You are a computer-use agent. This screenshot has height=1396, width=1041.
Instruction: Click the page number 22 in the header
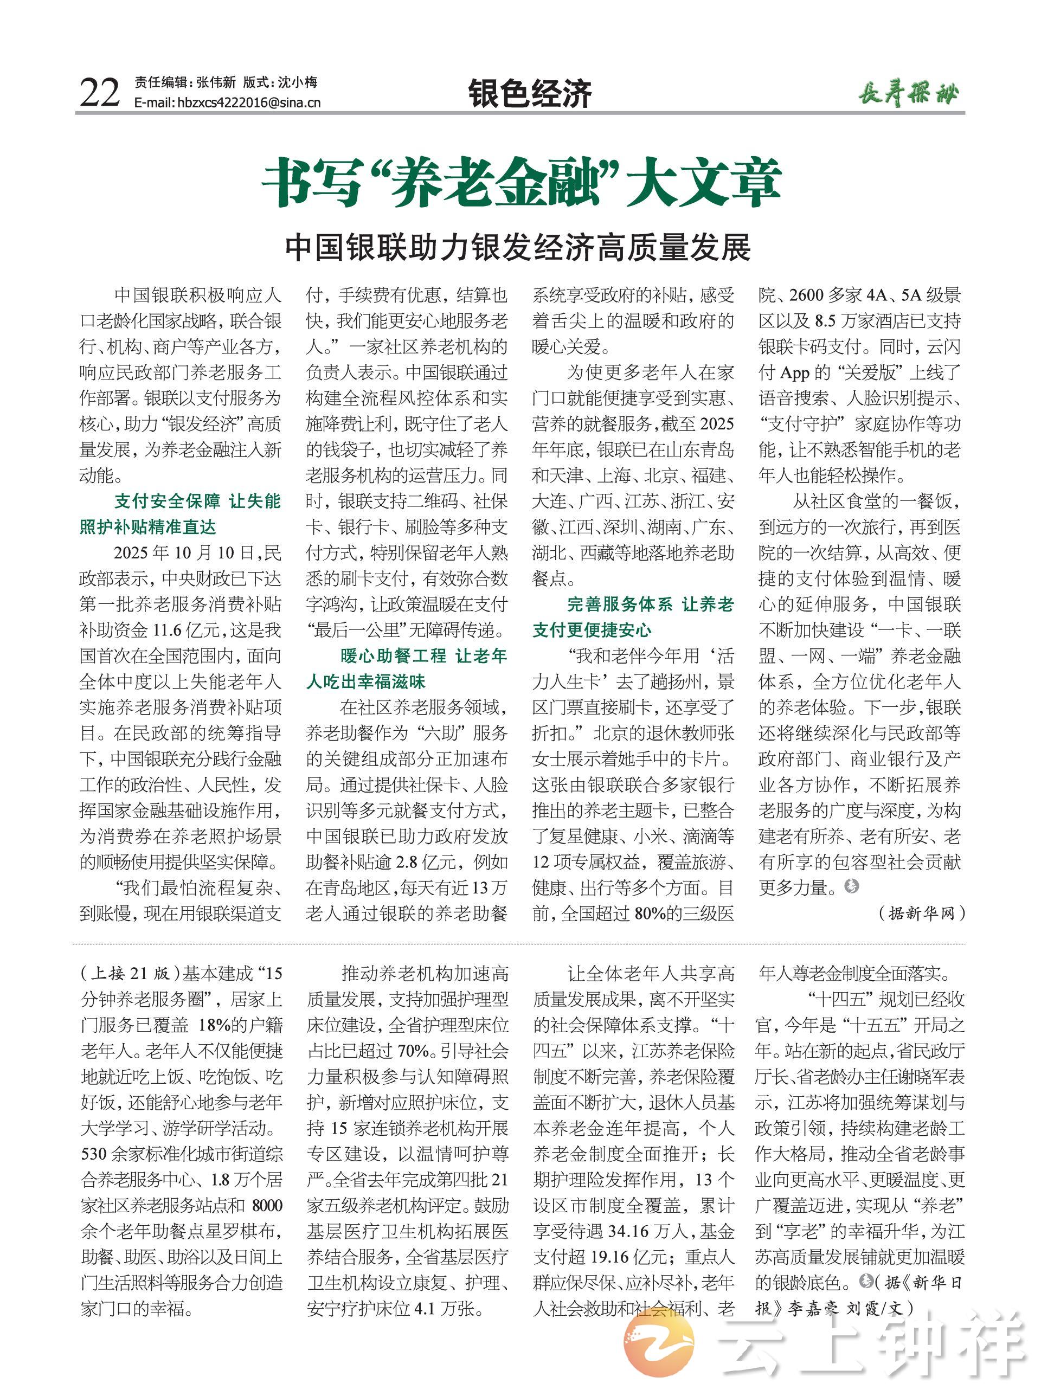pyautogui.click(x=100, y=93)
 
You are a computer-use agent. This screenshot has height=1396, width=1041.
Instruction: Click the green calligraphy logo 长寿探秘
pyautogui.click(x=908, y=94)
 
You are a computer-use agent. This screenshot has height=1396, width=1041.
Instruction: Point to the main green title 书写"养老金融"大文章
pyautogui.click(x=521, y=183)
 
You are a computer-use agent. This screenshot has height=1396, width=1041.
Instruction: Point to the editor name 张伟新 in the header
pyautogui.click(x=215, y=82)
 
